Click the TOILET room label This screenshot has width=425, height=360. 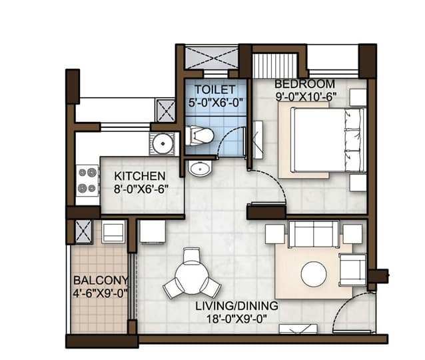[x=215, y=89]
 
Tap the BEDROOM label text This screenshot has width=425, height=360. [x=305, y=84]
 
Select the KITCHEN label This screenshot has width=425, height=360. [x=140, y=176]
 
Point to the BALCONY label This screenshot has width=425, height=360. [x=101, y=281]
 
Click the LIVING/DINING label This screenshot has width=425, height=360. [x=237, y=306]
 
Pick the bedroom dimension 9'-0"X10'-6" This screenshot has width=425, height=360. [x=306, y=97]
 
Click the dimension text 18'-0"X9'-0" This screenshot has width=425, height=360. [x=237, y=319]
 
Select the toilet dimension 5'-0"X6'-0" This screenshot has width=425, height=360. [x=215, y=103]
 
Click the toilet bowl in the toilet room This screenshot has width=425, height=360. [x=199, y=135]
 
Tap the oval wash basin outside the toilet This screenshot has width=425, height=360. [x=200, y=168]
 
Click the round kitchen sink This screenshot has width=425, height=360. [x=163, y=143]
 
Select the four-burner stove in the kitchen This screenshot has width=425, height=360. [x=87, y=181]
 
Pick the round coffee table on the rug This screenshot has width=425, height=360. [x=314, y=274]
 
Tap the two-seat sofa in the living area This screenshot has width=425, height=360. [x=314, y=234]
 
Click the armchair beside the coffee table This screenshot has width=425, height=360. [x=353, y=269]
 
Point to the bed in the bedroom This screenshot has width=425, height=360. [x=328, y=140]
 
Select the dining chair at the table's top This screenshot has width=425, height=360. [x=191, y=256]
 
